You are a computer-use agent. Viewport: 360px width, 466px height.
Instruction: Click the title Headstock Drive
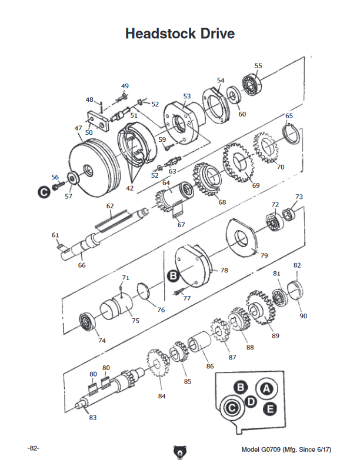point(179,34)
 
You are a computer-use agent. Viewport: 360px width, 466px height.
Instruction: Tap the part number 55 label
point(258,66)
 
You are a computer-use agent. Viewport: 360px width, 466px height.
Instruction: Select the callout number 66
point(82,265)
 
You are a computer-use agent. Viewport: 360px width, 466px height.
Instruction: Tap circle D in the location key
point(251,401)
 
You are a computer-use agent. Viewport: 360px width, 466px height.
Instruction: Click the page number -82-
point(34,448)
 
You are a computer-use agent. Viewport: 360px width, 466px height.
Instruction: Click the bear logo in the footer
point(180,452)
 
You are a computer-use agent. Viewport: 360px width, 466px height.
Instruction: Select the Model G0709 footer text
point(286,450)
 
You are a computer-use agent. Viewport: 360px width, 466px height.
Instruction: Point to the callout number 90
point(303,316)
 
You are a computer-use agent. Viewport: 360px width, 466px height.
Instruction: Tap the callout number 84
point(162,396)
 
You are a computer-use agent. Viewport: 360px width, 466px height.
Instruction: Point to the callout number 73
point(299,197)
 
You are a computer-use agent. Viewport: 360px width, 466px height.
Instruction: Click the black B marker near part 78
point(173,275)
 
